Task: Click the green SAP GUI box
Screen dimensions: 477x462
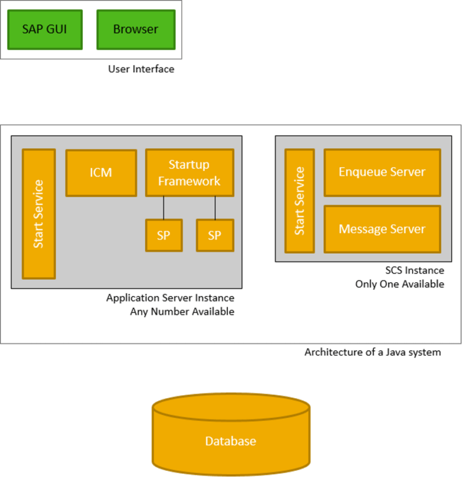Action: [44, 29]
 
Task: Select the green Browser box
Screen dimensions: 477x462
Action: [136, 29]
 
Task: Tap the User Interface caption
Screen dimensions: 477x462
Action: [141, 69]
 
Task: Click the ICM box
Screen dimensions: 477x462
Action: [100, 173]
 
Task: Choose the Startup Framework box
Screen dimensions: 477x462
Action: [189, 173]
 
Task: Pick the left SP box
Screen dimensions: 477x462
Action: [163, 235]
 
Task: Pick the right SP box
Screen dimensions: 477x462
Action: [215, 235]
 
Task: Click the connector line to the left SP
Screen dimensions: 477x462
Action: [164, 208]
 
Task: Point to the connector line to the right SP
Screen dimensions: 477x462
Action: [215, 208]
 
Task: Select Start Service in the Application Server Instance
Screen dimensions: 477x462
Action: [38, 214]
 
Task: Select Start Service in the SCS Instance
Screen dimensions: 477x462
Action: [300, 201]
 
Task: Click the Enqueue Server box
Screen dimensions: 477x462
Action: [382, 172]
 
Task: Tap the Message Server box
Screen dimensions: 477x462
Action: [382, 229]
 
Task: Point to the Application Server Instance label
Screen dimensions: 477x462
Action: [170, 298]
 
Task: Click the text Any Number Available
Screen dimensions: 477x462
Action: [182, 312]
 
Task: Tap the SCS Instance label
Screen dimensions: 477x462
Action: [414, 271]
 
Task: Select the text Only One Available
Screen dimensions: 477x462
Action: [399, 284]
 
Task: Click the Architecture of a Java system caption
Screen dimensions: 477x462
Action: [372, 352]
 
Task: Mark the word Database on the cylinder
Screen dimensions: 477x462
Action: [230, 441]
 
